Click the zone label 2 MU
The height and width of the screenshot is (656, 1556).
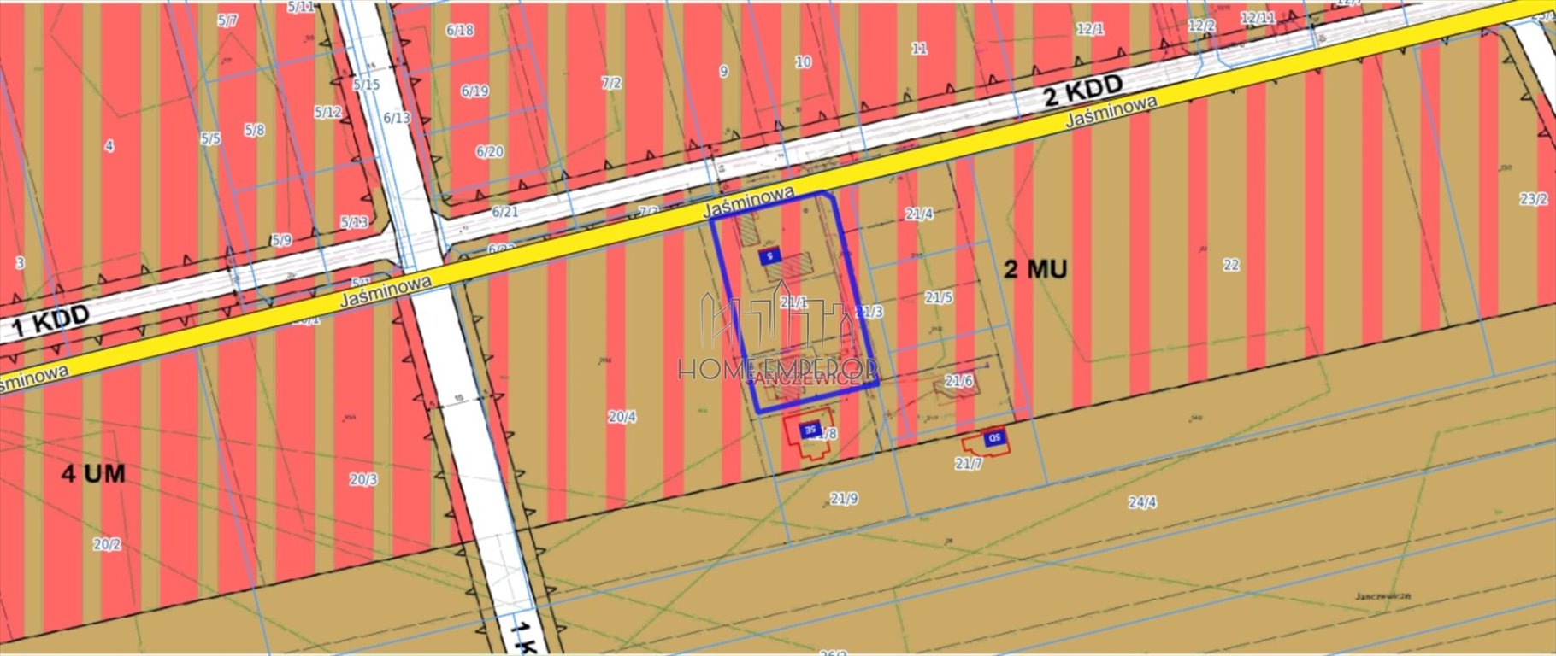click(x=1034, y=270)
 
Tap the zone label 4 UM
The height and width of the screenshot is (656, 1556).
click(x=93, y=473)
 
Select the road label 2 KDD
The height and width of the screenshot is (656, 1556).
click(x=1083, y=91)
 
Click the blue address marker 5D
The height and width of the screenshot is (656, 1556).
click(x=994, y=438)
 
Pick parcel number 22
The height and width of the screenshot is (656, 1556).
click(x=1230, y=265)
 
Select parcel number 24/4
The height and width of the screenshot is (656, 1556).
click(x=1142, y=502)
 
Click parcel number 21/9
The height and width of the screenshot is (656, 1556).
click(x=844, y=499)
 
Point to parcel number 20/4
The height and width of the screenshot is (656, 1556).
click(x=622, y=417)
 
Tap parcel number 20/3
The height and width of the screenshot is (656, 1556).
click(x=363, y=479)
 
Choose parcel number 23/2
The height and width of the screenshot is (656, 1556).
click(x=1534, y=199)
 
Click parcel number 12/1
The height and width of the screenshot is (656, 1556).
click(x=1090, y=29)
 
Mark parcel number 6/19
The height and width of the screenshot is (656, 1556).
click(x=474, y=91)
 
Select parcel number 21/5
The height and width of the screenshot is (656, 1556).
click(x=938, y=297)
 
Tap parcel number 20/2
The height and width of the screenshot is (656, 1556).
click(x=107, y=544)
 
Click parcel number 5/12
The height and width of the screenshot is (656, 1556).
click(x=327, y=112)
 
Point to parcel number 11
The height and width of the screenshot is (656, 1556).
click(x=919, y=49)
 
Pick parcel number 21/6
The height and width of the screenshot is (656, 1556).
click(x=958, y=380)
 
